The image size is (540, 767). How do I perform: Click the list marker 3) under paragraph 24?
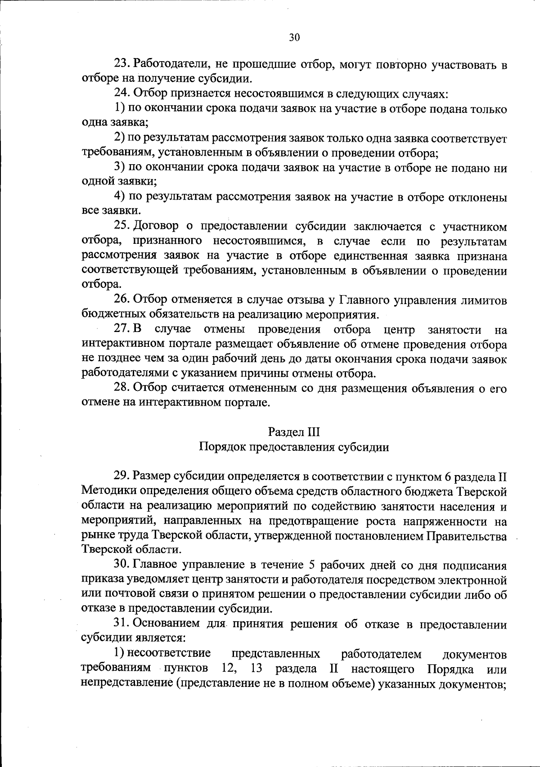(119, 168)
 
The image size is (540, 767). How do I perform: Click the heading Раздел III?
(294, 432)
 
